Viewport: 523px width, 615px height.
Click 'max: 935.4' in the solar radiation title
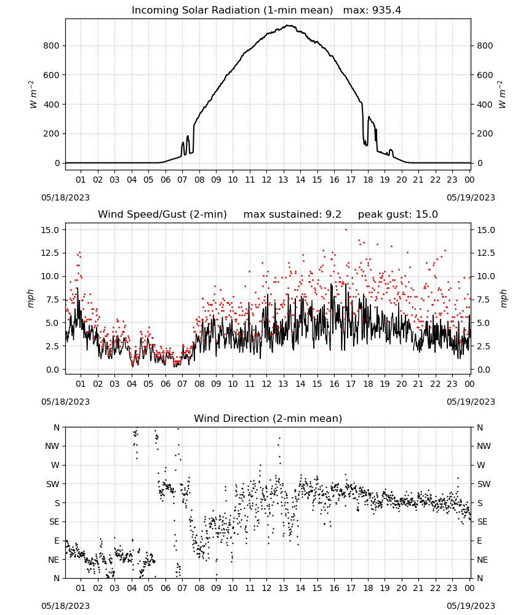coord(372,10)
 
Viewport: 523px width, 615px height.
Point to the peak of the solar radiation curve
coord(289,25)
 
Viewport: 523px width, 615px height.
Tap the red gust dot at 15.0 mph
coord(346,229)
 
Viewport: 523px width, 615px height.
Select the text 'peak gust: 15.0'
coord(397,215)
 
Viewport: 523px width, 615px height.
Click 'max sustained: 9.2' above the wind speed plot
coord(292,215)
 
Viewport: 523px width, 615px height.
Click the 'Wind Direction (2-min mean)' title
coord(268,418)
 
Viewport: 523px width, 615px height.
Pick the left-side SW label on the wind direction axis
coord(53,484)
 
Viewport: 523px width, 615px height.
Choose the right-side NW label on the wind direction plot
coord(484,446)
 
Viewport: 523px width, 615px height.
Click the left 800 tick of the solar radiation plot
coord(51,46)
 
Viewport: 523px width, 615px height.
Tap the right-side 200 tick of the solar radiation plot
coord(485,133)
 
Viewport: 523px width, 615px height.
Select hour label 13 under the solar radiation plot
coord(283,180)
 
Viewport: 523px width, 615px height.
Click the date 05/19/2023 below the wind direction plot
coord(471,606)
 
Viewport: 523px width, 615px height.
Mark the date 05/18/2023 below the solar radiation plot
coord(65,197)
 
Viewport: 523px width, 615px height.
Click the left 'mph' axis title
coord(31,298)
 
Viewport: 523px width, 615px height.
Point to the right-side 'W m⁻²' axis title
coord(503,95)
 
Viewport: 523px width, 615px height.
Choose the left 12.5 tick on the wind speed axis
coord(50,253)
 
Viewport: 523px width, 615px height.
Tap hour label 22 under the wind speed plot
coord(435,384)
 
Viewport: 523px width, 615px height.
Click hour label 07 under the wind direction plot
coord(182,588)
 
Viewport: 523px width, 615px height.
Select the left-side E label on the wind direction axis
coord(57,541)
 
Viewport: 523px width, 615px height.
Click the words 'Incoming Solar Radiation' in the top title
coord(196,10)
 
